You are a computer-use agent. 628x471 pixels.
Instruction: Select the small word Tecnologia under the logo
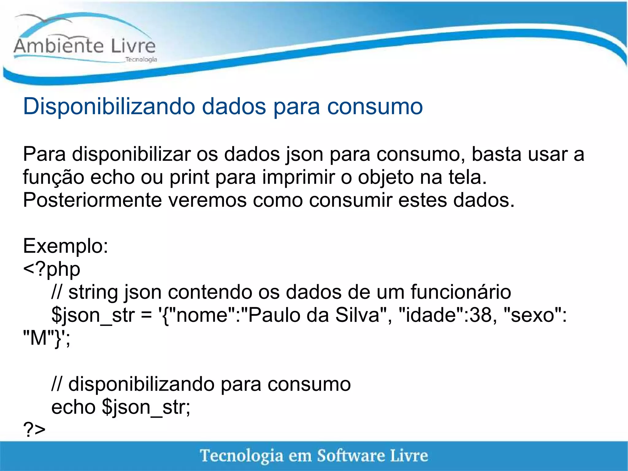141,59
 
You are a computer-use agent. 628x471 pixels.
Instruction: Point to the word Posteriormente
92,200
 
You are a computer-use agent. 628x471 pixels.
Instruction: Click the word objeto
386,177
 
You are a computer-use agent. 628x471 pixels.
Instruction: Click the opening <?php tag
52,269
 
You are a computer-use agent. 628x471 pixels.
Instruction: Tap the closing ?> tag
34,430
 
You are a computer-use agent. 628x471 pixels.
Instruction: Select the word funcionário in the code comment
461,292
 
